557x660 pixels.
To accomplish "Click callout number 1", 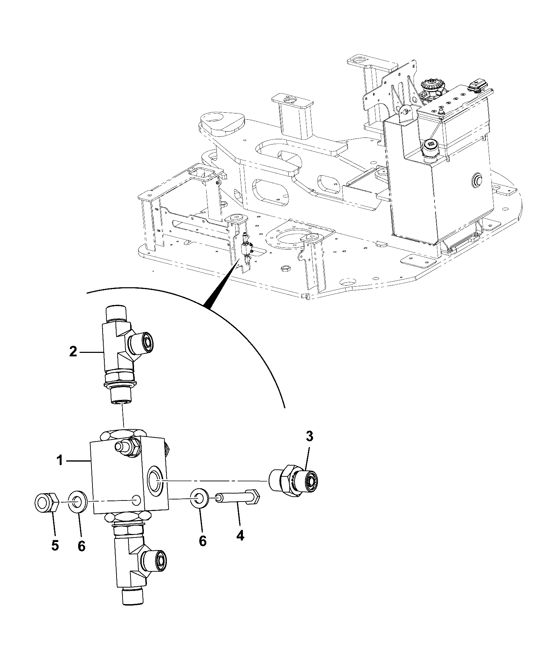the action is (60, 461).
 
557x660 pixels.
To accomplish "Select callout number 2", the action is (73, 352).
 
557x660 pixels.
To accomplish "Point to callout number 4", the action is (240, 545).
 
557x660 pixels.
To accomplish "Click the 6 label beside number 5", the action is (81, 546).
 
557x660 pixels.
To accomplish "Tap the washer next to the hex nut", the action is (77, 503).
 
